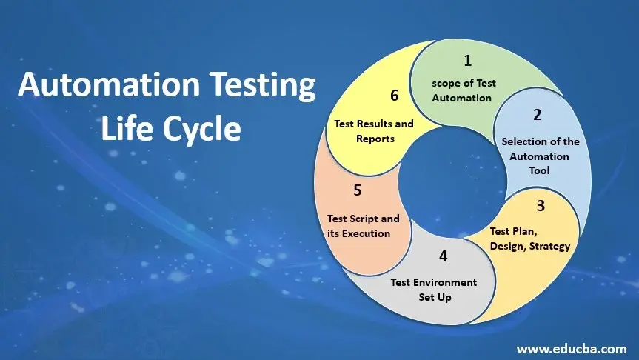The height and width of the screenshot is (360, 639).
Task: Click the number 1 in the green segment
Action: point(467,60)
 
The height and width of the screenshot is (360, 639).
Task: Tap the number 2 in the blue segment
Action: point(537,115)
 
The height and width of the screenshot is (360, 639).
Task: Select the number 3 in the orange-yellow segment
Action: point(541,205)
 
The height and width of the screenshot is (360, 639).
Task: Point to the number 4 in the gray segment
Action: point(443,256)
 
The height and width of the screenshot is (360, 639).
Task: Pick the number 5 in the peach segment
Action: point(358,190)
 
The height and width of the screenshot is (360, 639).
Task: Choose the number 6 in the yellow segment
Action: point(395,96)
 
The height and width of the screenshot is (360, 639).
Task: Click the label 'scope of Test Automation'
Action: point(464,90)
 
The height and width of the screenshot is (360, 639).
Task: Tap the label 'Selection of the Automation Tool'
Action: point(540,156)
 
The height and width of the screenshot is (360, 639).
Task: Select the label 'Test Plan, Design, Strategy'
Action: point(530,239)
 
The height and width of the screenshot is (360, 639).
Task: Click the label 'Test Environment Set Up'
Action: point(434,290)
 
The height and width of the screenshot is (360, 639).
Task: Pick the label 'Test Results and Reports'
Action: point(374,131)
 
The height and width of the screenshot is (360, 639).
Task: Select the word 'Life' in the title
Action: point(130,128)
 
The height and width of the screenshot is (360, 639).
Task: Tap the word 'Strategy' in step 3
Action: point(549,246)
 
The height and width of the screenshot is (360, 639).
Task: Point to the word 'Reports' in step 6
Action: point(375,139)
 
